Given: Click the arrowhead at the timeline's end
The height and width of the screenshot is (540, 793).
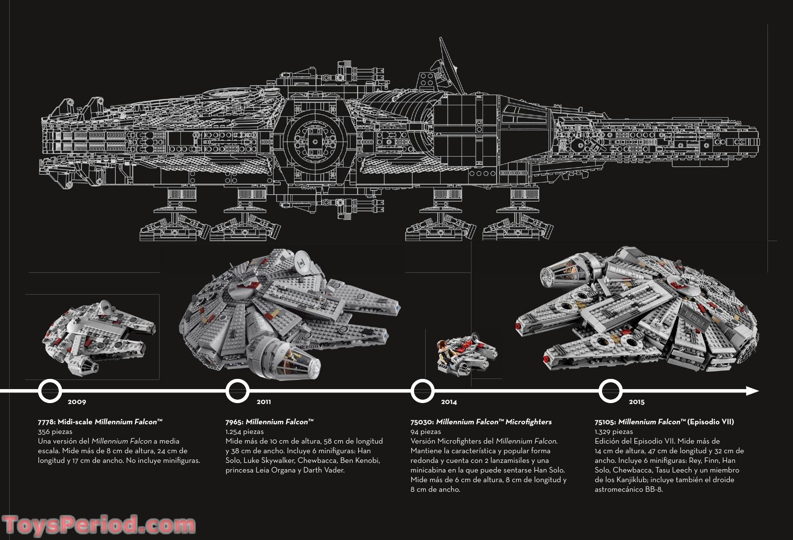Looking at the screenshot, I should (x=753, y=391).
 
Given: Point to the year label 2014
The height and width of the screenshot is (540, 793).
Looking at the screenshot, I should (x=449, y=402).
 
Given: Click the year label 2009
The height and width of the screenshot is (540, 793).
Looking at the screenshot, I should (x=77, y=402).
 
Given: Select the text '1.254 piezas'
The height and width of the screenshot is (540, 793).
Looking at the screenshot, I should (x=244, y=432).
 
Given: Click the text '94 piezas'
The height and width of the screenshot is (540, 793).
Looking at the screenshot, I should (x=426, y=432).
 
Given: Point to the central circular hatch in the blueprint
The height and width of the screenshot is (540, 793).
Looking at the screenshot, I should (x=316, y=141).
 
